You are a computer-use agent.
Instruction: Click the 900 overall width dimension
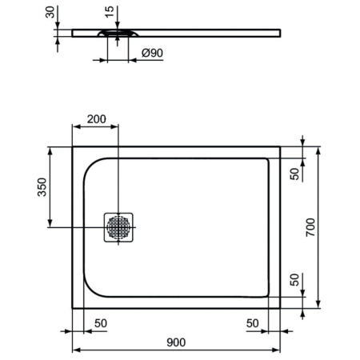[176, 342]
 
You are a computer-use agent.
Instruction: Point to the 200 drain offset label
[96, 119]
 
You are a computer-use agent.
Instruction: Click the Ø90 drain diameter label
[152, 53]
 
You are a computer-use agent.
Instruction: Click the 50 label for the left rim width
[102, 322]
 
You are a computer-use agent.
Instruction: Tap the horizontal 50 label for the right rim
[253, 322]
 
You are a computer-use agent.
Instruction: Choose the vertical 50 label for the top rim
[294, 173]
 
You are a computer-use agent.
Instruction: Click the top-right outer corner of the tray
[280, 146]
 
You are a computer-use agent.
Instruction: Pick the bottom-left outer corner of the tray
[73, 307]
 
